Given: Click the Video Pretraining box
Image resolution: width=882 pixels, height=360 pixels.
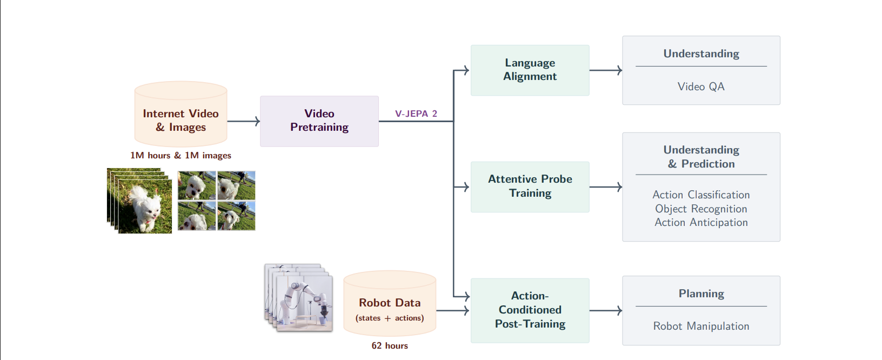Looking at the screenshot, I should [x=319, y=121].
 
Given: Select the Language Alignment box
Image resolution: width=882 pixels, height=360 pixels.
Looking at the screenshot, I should [x=530, y=70].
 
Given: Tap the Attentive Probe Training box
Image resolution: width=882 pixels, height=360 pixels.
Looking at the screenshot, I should [x=530, y=186].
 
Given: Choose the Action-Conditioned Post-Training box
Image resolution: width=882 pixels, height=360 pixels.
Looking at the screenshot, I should [x=530, y=310].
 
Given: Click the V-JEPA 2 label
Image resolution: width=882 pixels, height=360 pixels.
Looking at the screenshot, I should [x=416, y=114].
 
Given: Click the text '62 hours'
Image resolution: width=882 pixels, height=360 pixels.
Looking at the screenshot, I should [x=389, y=346].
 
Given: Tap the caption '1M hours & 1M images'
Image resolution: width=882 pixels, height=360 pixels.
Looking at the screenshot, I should [x=181, y=156].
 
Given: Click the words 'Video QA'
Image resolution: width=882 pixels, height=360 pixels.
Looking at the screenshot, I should [x=701, y=86].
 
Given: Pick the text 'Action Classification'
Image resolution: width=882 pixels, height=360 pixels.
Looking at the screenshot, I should [x=701, y=195].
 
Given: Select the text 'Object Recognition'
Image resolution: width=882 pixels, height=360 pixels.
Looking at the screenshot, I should [x=701, y=209].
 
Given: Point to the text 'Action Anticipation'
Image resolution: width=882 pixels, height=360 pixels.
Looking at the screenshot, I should [x=701, y=222].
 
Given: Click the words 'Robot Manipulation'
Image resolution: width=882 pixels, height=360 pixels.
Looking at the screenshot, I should [x=701, y=326].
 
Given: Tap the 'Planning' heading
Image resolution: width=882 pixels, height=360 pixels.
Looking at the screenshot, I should [x=701, y=294].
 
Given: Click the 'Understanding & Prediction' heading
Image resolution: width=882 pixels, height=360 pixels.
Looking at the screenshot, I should [x=701, y=157].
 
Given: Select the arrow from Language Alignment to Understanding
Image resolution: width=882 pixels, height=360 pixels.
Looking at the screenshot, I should [x=605, y=70].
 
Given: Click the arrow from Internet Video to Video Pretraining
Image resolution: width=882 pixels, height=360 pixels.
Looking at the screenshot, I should [x=243, y=121].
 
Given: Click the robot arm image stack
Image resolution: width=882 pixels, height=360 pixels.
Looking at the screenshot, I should [x=299, y=298].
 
